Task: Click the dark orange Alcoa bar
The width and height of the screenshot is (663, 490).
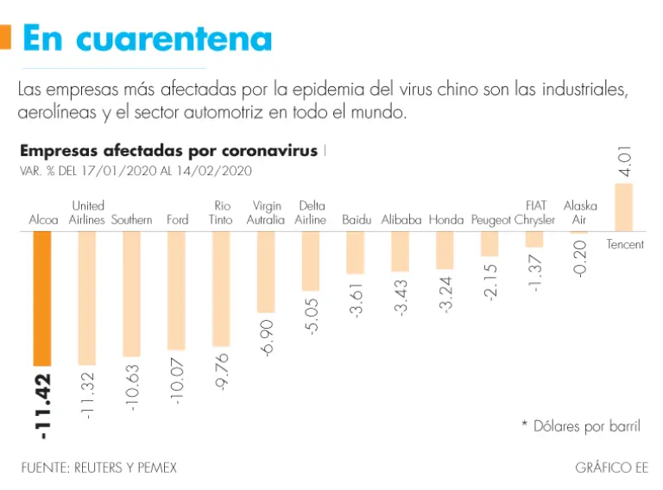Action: click(41, 298)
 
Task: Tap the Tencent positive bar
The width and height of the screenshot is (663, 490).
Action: click(623, 207)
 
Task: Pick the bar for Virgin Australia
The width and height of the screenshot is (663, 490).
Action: click(266, 272)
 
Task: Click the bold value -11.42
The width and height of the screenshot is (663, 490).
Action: click(42, 405)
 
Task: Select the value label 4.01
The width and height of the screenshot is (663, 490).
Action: click(625, 162)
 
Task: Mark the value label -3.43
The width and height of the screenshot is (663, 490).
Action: click(401, 296)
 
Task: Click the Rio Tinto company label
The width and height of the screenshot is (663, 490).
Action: click(221, 213)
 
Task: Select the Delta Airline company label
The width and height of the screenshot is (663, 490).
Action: click(311, 213)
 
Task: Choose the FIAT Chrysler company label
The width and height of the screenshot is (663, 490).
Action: click(535, 213)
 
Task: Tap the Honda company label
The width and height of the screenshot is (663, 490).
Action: click(445, 220)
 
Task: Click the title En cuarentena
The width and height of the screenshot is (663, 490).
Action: click(147, 39)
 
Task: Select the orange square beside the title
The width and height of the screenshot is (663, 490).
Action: click(4, 37)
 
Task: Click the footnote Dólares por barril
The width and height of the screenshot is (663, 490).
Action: click(580, 426)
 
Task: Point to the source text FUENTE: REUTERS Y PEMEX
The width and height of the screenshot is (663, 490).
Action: click(98, 468)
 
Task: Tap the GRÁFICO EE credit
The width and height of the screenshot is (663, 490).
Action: click(611, 468)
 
